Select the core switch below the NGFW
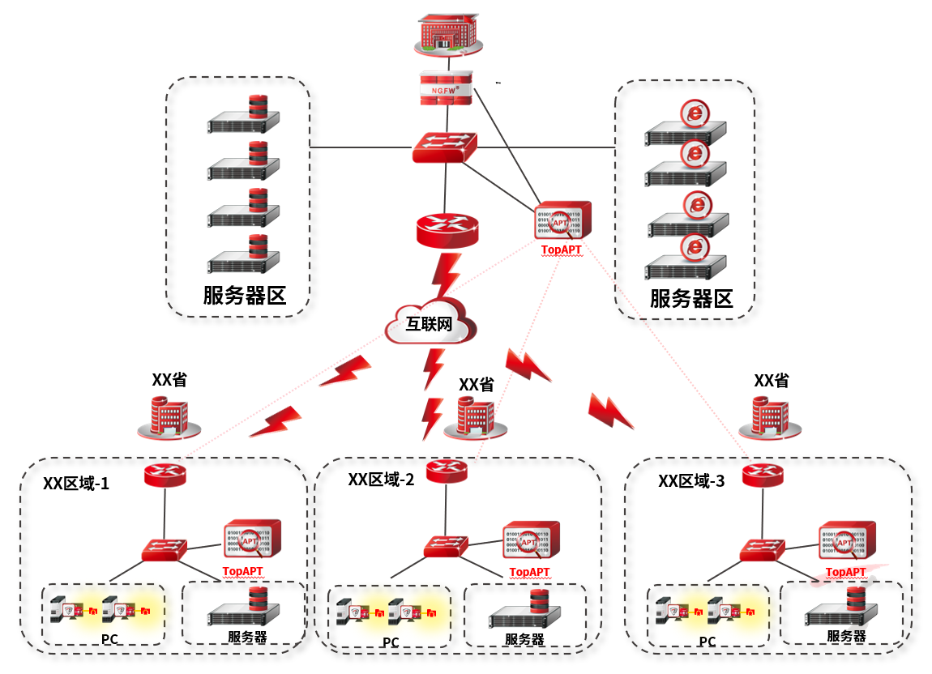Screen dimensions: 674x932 pyautogui.click(x=444, y=148)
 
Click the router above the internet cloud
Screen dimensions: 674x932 pyautogui.click(x=447, y=230)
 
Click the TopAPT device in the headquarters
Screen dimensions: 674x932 pyautogui.click(x=562, y=220)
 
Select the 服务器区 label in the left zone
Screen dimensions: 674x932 pyautogui.click(x=244, y=295)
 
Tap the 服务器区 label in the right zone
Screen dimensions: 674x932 pyautogui.click(x=691, y=298)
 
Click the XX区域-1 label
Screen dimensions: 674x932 pyautogui.click(x=76, y=484)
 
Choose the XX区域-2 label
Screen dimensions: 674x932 pyautogui.click(x=381, y=480)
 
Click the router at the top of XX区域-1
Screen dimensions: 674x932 pyautogui.click(x=166, y=473)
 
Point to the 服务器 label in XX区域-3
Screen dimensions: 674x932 pyautogui.click(x=846, y=636)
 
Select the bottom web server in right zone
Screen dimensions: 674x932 pyautogui.click(x=686, y=258)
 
